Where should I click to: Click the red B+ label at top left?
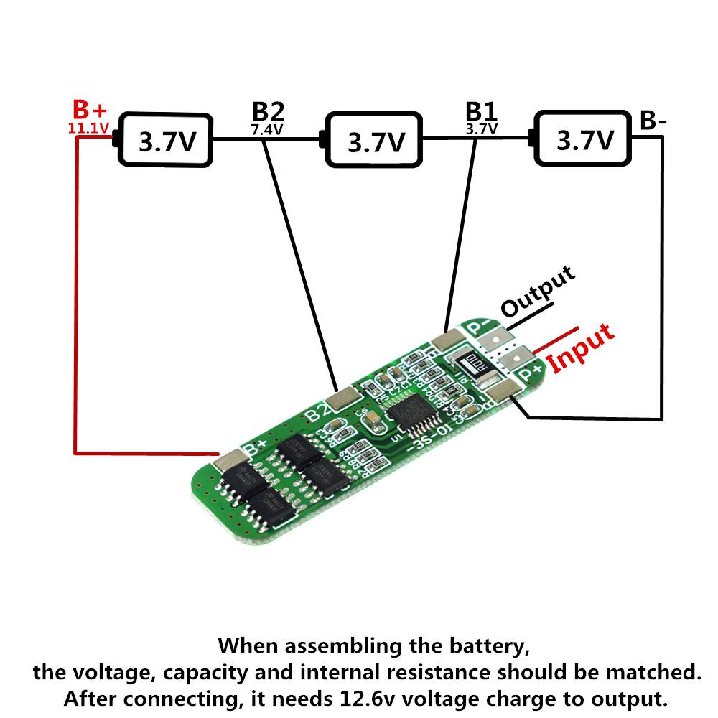click(90, 111)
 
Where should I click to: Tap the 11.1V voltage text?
click(88, 129)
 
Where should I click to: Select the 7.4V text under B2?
click(267, 130)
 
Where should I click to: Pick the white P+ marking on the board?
click(530, 373)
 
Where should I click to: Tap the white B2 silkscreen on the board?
click(317, 414)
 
